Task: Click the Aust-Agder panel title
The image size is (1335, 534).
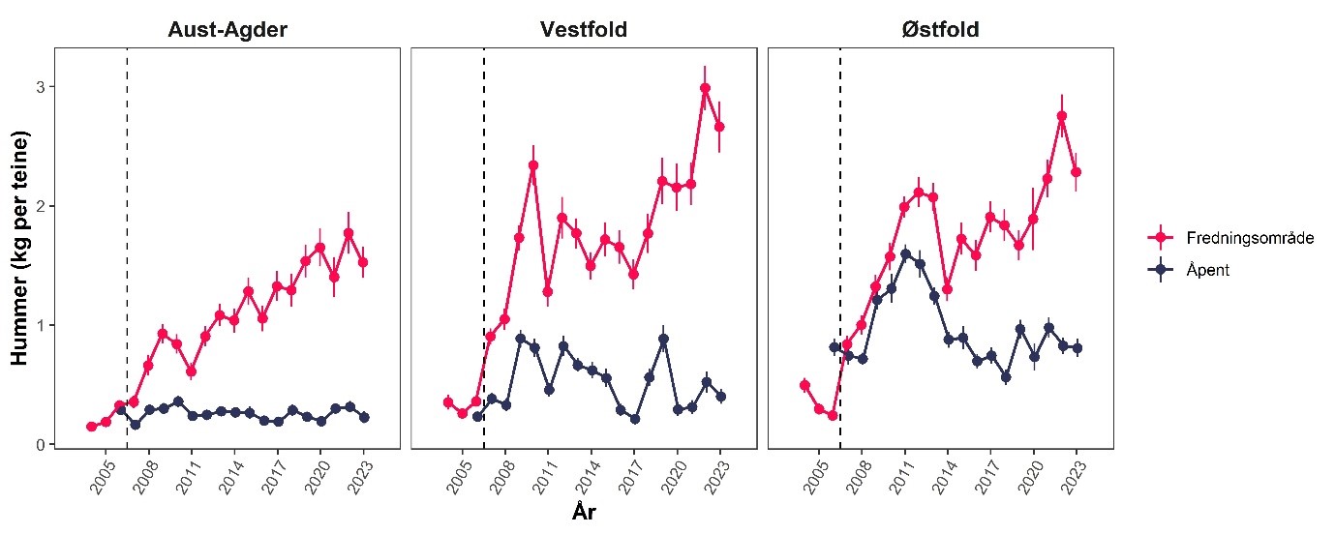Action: tap(228, 30)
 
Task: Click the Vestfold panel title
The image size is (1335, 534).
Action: tap(583, 30)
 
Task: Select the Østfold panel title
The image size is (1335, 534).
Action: tap(940, 30)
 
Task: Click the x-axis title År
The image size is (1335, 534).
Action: tap(583, 513)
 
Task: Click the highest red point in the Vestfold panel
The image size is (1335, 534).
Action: tap(705, 88)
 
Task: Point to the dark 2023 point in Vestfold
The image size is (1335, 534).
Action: tap(719, 397)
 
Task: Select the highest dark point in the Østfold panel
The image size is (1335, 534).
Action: tap(905, 253)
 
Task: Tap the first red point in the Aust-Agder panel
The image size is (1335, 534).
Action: tap(91, 427)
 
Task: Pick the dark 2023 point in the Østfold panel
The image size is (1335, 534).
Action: tap(1077, 348)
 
